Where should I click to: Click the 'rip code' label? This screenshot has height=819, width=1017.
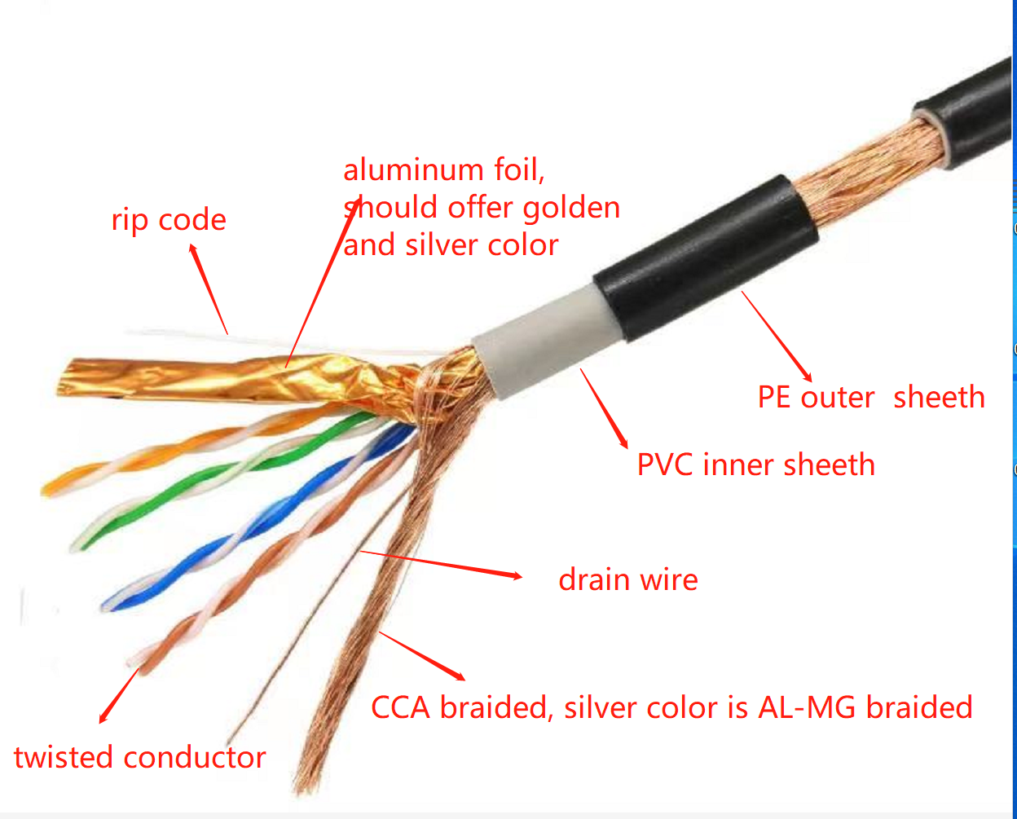click(169, 220)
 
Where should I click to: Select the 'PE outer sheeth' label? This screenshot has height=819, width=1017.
click(871, 397)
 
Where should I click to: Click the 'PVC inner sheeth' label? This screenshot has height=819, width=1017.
click(755, 465)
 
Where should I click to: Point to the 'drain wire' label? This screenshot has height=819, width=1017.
click(628, 579)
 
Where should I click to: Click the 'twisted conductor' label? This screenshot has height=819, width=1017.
click(140, 757)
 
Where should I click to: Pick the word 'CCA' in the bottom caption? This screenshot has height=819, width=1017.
click(401, 707)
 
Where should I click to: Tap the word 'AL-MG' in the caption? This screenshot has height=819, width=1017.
click(807, 707)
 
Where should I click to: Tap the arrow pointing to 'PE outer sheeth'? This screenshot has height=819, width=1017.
click(777, 337)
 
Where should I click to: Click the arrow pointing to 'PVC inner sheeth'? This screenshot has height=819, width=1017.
click(604, 408)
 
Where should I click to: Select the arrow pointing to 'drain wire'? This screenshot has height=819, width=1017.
click(441, 564)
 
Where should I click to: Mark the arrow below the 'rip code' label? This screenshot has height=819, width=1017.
click(209, 288)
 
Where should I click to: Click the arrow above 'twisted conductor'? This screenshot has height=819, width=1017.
click(119, 695)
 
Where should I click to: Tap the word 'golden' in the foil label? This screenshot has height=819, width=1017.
click(571, 208)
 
